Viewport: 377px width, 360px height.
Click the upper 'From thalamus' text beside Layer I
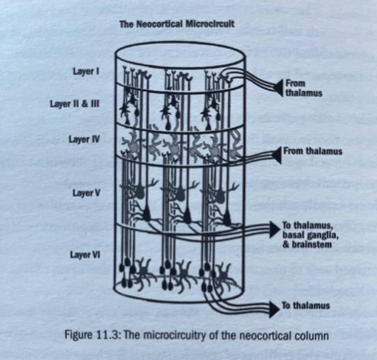(x=302, y=88)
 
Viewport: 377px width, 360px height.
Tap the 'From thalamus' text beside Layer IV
(x=312, y=151)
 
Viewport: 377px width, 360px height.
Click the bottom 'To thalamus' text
(x=306, y=306)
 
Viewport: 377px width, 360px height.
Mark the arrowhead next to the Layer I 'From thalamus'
(x=276, y=87)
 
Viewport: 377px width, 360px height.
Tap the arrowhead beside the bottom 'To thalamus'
(x=273, y=306)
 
